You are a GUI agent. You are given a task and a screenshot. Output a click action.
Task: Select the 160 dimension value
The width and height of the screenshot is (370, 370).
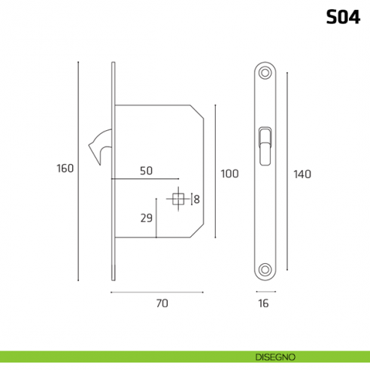[65, 168]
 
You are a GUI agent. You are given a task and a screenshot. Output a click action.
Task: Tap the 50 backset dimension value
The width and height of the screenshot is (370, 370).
[146, 171]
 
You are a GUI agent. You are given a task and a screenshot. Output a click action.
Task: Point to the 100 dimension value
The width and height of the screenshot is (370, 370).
[229, 174]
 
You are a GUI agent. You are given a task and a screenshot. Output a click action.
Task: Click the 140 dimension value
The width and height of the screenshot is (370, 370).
[302, 174]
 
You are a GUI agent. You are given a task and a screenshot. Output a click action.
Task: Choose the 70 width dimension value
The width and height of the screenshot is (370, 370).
[160, 304]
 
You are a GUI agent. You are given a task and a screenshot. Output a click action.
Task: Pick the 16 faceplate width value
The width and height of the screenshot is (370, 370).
[263, 304]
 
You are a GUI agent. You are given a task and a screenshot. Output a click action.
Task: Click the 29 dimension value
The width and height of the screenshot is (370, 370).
[147, 219]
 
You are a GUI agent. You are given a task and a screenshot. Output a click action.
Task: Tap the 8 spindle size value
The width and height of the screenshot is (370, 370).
[196, 199]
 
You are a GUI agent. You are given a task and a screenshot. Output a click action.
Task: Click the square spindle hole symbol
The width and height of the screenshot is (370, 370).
[179, 199]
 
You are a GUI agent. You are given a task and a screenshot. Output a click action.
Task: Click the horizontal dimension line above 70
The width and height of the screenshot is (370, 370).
[157, 291]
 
